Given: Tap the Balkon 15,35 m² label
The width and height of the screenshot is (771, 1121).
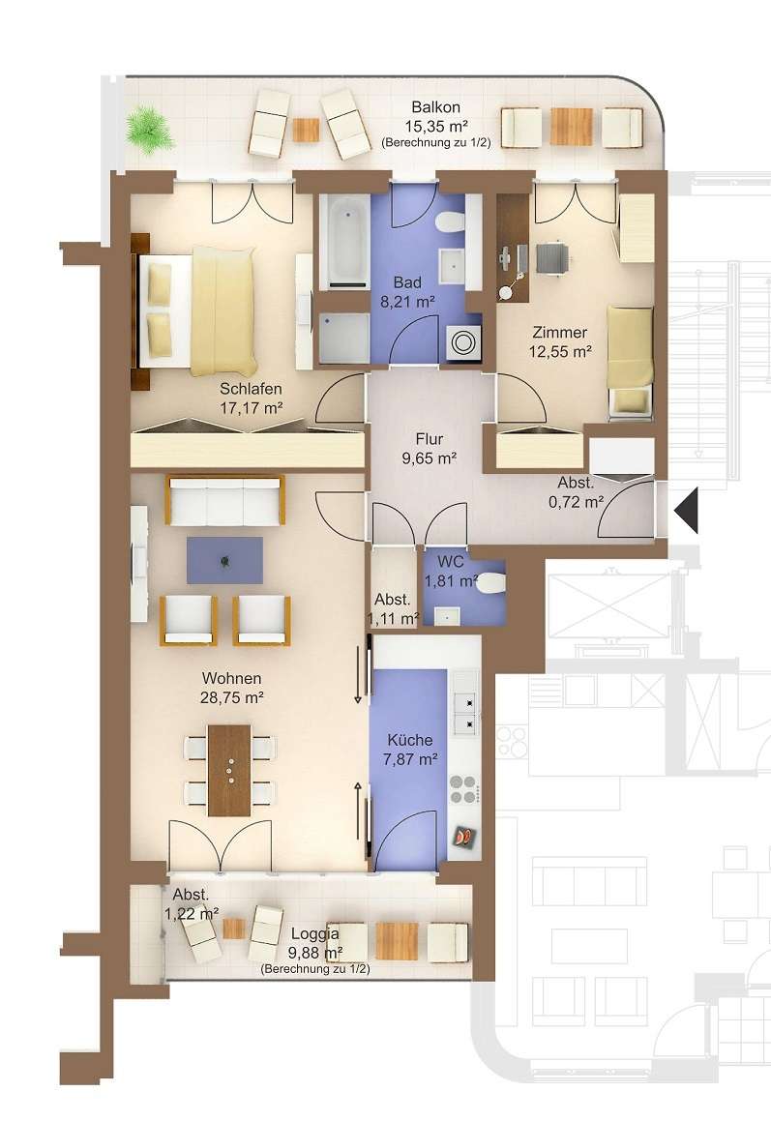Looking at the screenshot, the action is click(x=435, y=117).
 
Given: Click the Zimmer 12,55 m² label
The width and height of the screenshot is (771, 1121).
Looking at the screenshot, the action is click(x=559, y=341).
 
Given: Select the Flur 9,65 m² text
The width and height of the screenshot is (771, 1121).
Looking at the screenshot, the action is click(x=430, y=449).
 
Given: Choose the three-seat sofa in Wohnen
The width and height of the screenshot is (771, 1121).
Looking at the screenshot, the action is click(x=225, y=500).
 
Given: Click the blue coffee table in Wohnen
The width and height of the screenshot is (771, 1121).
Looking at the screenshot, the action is click(x=224, y=561).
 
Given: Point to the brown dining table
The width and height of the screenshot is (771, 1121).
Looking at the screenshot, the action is click(x=229, y=770).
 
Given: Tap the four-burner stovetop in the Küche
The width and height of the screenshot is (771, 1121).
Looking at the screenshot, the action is click(x=462, y=789).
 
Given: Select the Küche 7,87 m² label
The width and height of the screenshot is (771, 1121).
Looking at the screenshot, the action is click(x=410, y=750).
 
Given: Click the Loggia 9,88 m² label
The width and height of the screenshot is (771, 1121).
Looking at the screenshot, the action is click(x=315, y=943).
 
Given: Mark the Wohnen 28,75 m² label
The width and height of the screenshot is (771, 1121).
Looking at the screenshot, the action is click(x=232, y=688).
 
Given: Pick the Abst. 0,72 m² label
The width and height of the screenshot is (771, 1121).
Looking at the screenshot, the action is click(x=576, y=492).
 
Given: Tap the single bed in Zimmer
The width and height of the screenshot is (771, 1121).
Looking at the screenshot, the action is click(x=630, y=360).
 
